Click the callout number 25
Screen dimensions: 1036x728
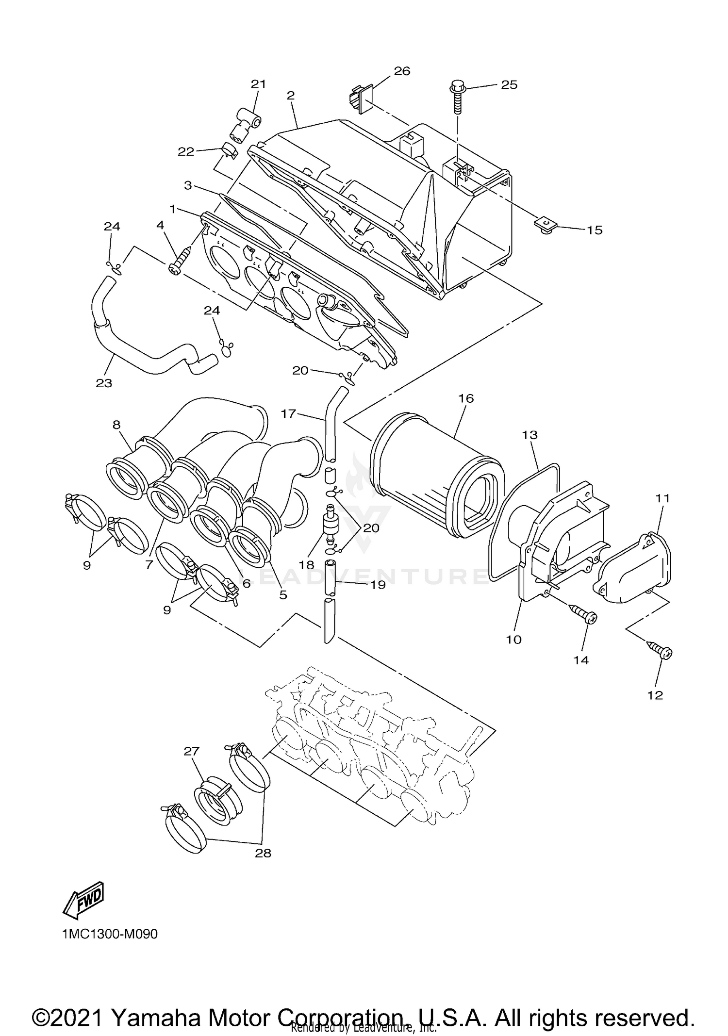point(509,84)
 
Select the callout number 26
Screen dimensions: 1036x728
point(402,71)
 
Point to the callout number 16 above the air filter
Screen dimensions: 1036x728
point(466,398)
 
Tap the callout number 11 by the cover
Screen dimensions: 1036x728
point(663,498)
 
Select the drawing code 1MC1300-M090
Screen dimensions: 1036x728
point(110,934)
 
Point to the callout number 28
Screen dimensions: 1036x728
point(263,853)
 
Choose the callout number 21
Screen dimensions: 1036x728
point(258,83)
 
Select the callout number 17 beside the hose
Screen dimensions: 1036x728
point(288,413)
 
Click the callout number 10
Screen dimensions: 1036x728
point(513,640)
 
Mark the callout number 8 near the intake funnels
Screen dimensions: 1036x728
point(116,425)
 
